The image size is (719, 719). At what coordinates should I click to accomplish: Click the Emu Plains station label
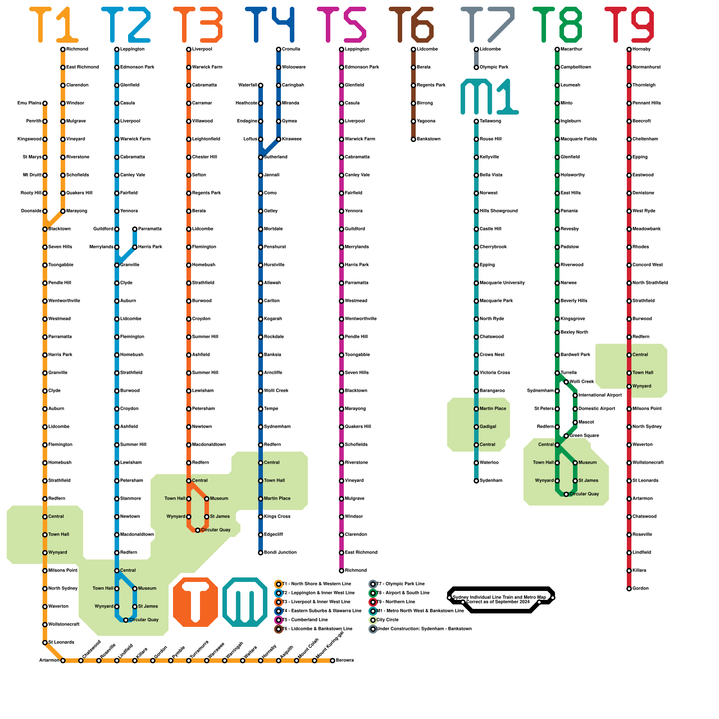(x=29, y=103)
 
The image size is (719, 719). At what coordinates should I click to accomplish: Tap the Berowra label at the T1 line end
(x=345, y=660)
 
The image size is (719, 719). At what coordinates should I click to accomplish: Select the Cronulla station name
(x=291, y=49)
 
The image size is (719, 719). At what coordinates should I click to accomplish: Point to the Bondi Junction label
(x=280, y=552)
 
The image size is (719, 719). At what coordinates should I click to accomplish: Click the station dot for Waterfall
(x=261, y=85)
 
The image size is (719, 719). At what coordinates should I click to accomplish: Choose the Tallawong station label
(x=490, y=121)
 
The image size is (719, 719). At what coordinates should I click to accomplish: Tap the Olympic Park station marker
(x=476, y=67)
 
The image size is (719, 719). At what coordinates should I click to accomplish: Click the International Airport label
(x=600, y=395)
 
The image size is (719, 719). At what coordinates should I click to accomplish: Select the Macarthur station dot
(x=557, y=49)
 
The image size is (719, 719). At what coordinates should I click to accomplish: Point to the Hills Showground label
(x=498, y=211)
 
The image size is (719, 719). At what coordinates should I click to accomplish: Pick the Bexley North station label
(x=574, y=332)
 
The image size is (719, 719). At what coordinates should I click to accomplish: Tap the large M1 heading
(x=490, y=97)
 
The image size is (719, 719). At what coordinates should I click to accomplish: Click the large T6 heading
(x=411, y=25)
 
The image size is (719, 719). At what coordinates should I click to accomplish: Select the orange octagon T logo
(x=195, y=602)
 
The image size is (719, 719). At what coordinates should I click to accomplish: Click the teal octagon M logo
(x=245, y=602)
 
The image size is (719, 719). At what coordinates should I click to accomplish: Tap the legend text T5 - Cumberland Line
(x=311, y=620)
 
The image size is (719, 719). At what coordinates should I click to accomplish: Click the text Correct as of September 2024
(x=498, y=602)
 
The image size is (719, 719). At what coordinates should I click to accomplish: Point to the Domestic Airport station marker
(x=575, y=409)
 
